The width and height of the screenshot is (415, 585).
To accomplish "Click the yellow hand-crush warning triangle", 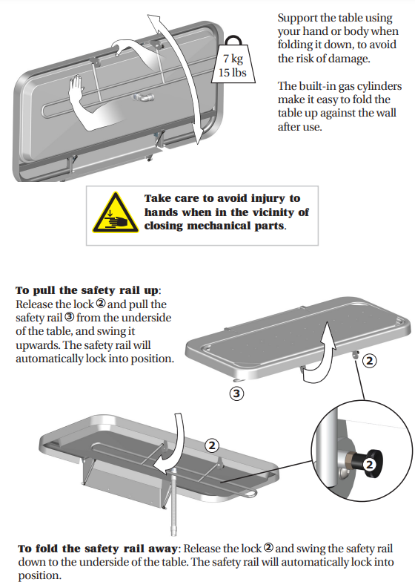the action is point(116,213).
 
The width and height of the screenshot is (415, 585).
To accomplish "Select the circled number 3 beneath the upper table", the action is point(236,393).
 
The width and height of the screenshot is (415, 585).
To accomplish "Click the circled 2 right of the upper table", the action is point(369,361).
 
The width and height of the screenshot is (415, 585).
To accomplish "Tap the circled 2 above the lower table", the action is point(212,445).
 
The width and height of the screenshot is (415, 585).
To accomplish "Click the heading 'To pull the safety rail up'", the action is point(87,290).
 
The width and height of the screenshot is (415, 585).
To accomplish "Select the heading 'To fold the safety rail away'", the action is point(98,549).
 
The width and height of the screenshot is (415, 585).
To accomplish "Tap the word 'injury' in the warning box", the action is point(268,198).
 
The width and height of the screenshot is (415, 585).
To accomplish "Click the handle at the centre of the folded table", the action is point(143,97).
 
